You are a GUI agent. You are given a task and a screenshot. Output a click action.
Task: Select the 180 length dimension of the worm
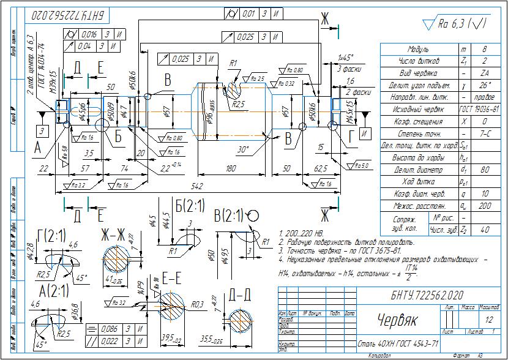tap(231, 167)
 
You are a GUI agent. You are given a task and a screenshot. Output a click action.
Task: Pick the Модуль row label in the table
tap(418, 49)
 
